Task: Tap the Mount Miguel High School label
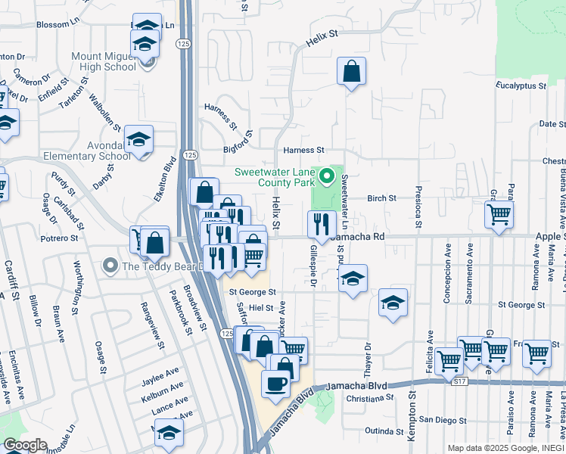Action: [x=104, y=61]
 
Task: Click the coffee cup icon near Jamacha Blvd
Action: [x=275, y=382]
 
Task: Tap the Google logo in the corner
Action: [x=25, y=445]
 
